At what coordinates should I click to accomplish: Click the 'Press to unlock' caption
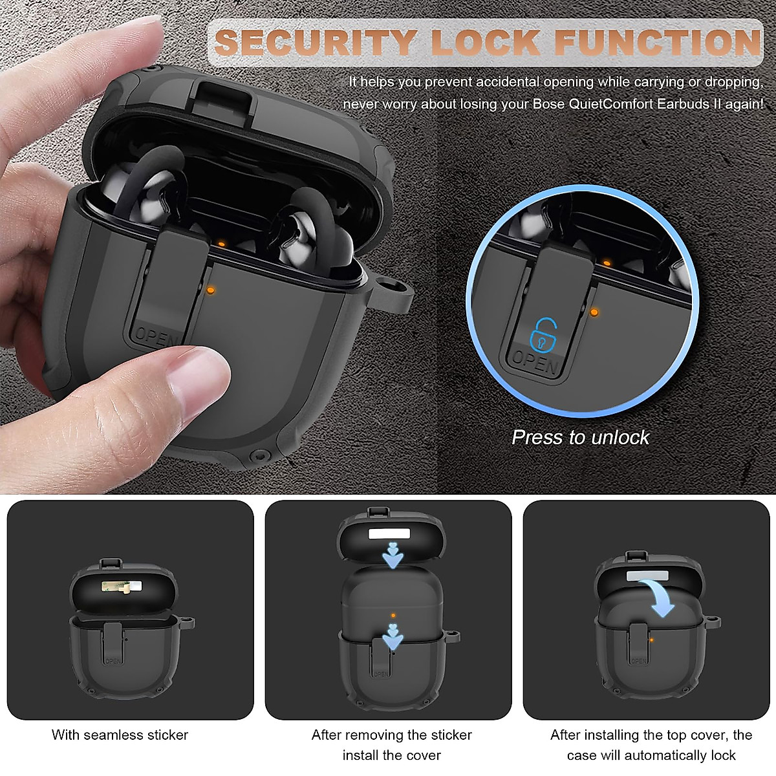[580, 437]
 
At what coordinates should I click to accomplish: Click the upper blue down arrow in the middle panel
[392, 555]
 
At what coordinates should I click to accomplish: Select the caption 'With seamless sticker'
[120, 735]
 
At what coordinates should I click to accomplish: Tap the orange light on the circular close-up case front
[594, 312]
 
